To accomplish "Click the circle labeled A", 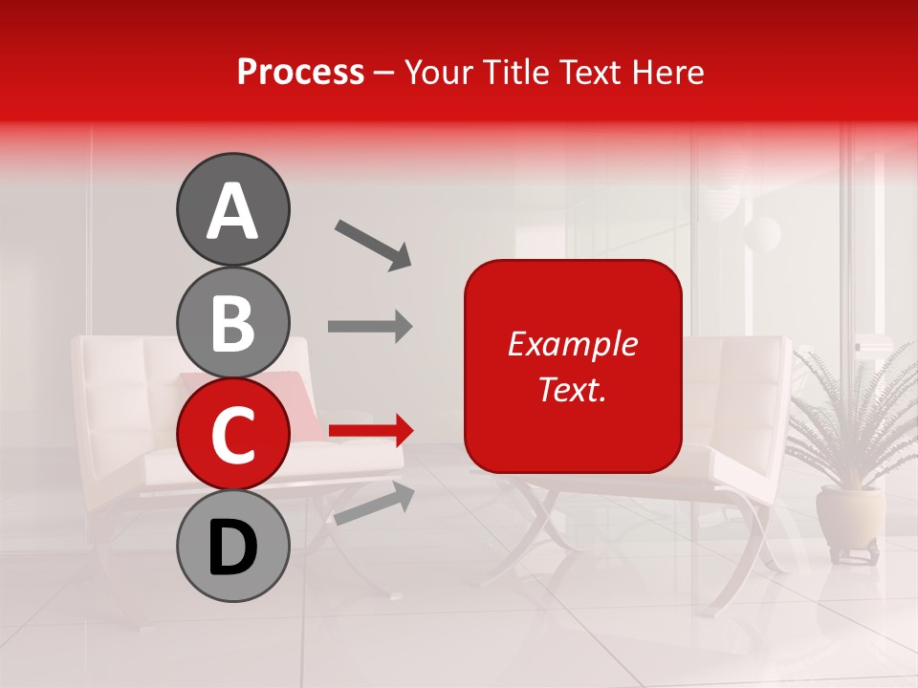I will point(232,209).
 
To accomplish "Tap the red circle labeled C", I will point(232,434).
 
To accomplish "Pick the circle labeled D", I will point(232,546).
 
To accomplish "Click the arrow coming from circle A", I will point(372,244).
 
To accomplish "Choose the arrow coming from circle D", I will point(374,503).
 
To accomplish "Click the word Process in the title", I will point(300,72).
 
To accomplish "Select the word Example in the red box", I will point(572,344).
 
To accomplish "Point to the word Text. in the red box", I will point(572,389).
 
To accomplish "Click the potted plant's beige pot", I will point(849,517).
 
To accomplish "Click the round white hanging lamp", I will point(763,232).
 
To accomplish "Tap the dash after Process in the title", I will point(384,72).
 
